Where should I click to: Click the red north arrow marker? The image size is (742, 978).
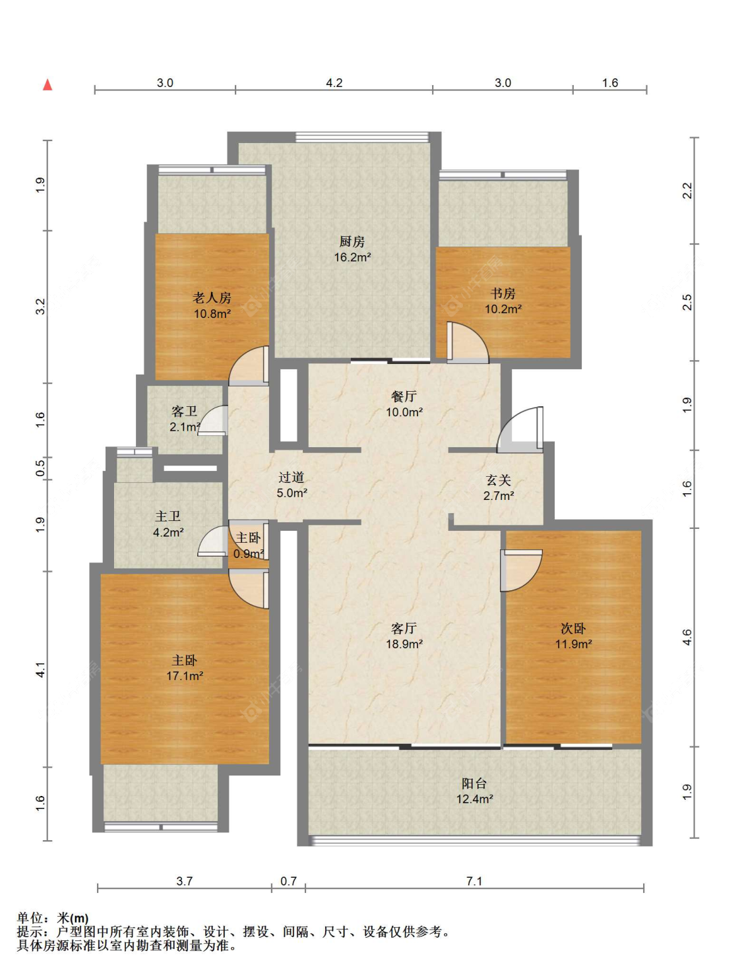tap(47, 84)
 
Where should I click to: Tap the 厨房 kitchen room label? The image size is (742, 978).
tap(352, 241)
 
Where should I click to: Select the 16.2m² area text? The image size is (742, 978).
tap(352, 257)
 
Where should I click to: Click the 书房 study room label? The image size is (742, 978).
tap(503, 293)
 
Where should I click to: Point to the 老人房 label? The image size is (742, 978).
tap(212, 297)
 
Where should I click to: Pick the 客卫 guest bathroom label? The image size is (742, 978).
tap(184, 411)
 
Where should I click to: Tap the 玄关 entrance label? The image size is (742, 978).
tap(498, 480)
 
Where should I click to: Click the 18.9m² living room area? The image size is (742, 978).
tap(404, 644)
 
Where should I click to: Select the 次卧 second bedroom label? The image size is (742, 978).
tap(573, 628)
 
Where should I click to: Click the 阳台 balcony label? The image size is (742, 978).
tap(474, 783)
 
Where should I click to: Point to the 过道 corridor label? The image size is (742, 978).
tap(292, 477)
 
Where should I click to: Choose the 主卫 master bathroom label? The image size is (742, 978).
tap(168, 516)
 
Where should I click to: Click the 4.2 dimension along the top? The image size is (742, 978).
tap(334, 83)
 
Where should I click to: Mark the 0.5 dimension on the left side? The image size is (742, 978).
tap(40, 468)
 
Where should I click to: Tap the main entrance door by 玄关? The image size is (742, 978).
tap(520, 429)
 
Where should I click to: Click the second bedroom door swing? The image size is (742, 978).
tap(522, 570)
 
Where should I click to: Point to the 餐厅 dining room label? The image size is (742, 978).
tap(404, 396)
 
